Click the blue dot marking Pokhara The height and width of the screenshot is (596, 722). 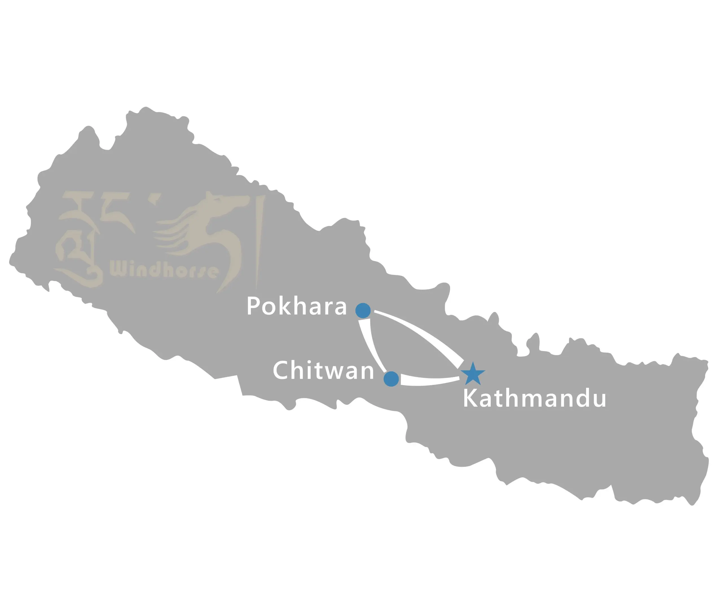pos(363,311)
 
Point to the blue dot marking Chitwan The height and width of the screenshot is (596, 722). pos(391,379)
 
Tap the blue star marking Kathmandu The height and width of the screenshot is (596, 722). pos(473,374)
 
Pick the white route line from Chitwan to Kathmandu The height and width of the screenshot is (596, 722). pos(431,381)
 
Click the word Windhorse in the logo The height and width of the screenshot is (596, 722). pos(164,271)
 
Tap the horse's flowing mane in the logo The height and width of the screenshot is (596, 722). pos(171,233)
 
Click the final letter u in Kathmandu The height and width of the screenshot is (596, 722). pos(599,400)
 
